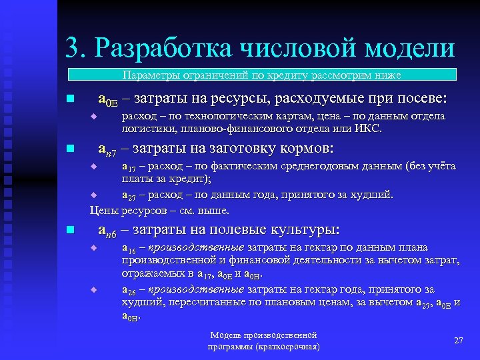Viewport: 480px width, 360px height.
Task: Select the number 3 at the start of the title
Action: (73, 48)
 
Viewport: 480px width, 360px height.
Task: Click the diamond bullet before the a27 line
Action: (94, 195)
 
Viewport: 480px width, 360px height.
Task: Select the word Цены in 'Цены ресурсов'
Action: (102, 210)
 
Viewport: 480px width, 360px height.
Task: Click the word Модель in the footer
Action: (223, 335)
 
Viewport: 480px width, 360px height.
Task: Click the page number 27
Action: (458, 341)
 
